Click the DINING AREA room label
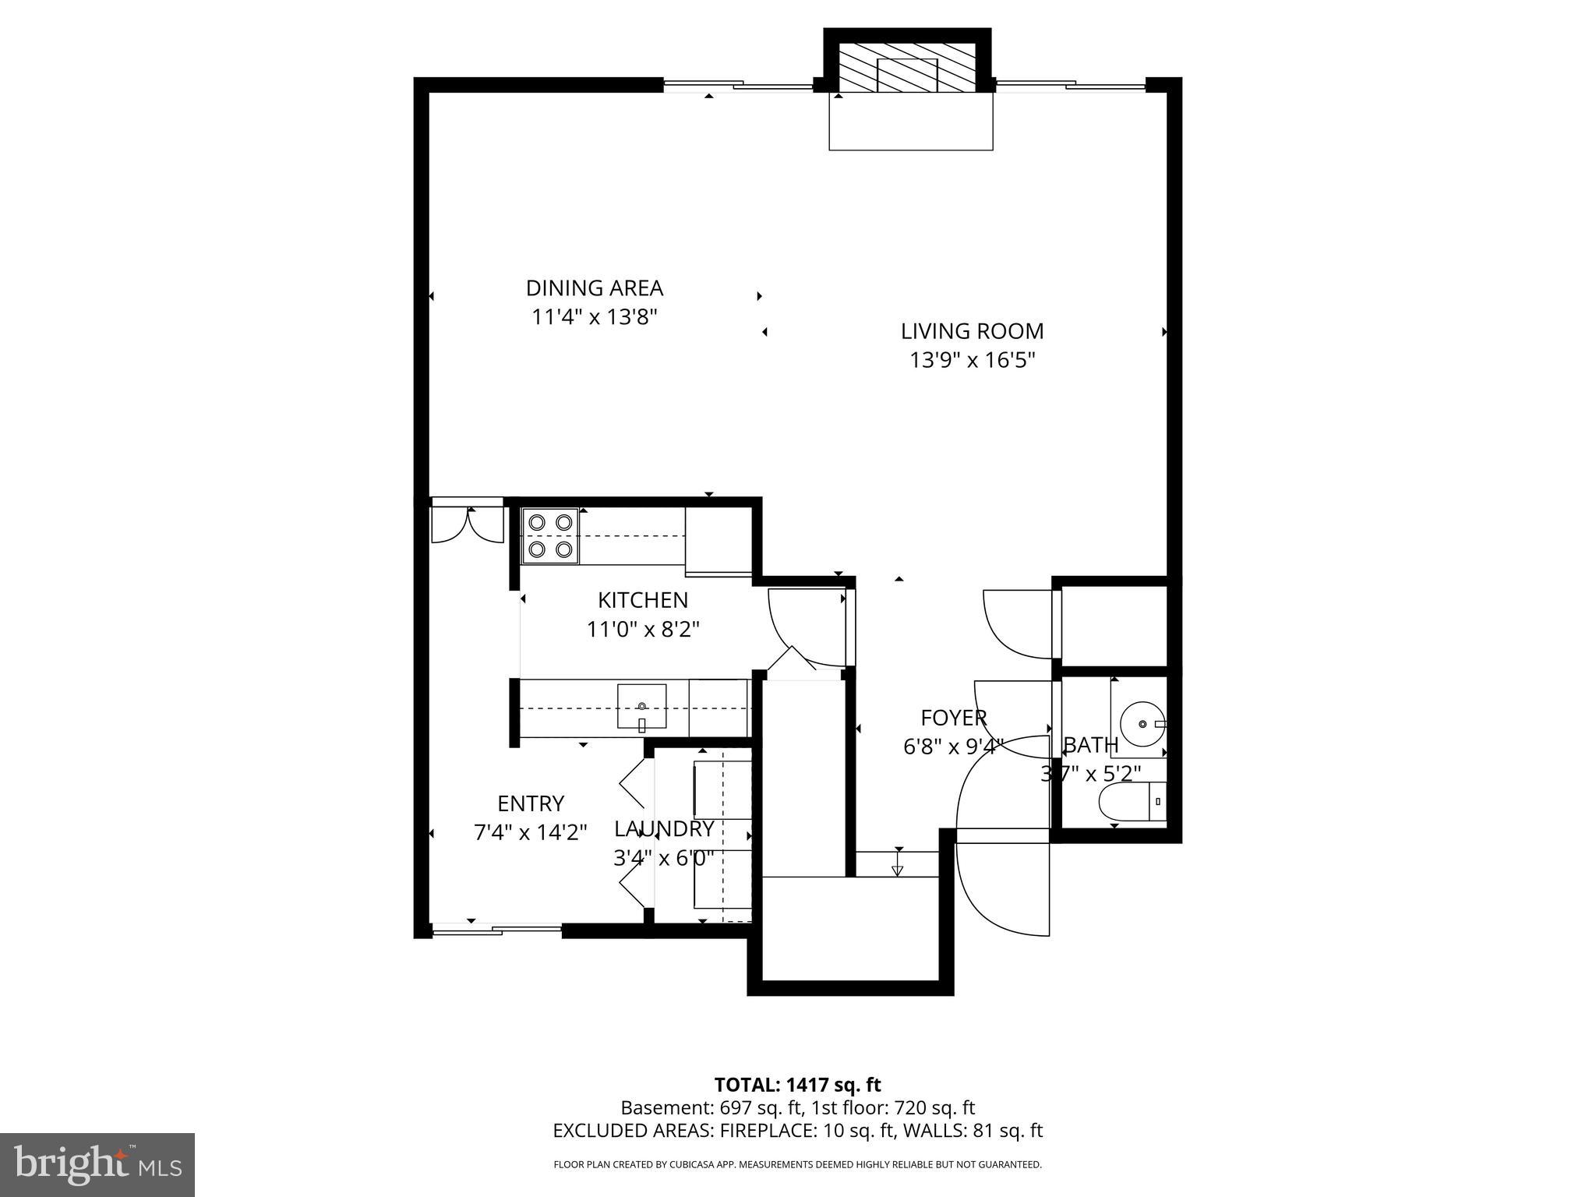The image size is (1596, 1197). pos(594,288)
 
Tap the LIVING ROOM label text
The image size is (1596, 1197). pos(972,331)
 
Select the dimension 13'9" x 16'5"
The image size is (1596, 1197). pos(972,361)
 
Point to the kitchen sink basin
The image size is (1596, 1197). pos(641,706)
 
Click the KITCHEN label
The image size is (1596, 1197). pos(642,600)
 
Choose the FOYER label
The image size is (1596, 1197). pos(953,718)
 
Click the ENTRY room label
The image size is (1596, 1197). pos(530,803)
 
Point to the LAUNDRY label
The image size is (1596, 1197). pos(664,828)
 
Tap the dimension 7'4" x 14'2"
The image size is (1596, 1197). pos(530,833)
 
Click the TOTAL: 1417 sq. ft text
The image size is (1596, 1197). pos(797,1085)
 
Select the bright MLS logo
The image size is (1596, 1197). pos(97,1164)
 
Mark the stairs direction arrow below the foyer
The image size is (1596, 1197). pos(898,869)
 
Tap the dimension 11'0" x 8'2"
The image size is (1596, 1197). pos(642,630)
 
